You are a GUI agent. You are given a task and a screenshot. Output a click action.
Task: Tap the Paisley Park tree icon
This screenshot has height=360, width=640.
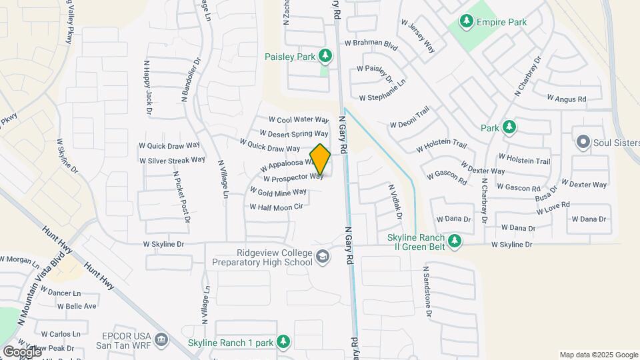[x=325, y=56]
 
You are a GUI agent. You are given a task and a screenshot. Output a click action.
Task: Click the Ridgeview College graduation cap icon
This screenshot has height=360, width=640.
[x=323, y=257]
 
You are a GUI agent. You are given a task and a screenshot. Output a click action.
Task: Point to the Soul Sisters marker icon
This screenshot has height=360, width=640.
[x=583, y=141]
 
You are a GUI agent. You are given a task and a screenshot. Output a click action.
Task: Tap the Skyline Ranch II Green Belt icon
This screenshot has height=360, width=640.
[x=455, y=240]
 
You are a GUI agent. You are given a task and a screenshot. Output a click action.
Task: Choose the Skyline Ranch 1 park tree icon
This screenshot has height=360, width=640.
[x=283, y=342]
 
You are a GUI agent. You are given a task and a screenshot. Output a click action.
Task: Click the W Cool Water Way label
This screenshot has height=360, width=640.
[x=299, y=120]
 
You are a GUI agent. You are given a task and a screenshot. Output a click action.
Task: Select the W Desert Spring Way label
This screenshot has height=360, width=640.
[x=294, y=134]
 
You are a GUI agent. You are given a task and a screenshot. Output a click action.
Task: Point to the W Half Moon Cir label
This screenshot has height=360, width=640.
[x=276, y=207]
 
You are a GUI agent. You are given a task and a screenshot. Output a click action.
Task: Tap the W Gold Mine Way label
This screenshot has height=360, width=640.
[x=278, y=191]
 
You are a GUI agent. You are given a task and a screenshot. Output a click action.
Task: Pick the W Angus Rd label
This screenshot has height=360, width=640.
[x=566, y=98]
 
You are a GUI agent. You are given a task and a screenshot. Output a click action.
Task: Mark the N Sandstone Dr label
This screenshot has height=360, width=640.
[x=427, y=292]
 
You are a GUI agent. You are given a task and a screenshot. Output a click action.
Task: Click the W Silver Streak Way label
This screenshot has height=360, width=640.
[x=172, y=160]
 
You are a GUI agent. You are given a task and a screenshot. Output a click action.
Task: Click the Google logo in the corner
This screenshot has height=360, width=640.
[x=21, y=351]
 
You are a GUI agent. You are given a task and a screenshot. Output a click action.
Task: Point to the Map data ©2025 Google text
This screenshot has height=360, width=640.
[x=599, y=355]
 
